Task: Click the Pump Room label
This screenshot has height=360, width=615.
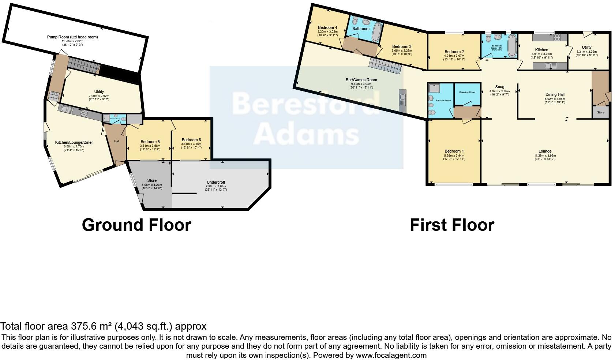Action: pyautogui.click(x=72, y=37)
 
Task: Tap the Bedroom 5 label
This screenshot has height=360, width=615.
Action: pyautogui.click(x=150, y=142)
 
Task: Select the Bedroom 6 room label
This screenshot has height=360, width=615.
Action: pyautogui.click(x=191, y=140)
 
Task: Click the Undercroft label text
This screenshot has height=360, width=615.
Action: pyautogui.click(x=216, y=182)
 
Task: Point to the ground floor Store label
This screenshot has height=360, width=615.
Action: pyautogui.click(x=152, y=180)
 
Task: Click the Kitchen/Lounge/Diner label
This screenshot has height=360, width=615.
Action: pyautogui.click(x=74, y=142)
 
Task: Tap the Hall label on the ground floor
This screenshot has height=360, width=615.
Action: pyautogui.click(x=116, y=141)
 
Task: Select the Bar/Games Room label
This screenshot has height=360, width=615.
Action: pyautogui.click(x=361, y=80)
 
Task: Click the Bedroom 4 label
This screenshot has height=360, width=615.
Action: pyautogui.click(x=327, y=27)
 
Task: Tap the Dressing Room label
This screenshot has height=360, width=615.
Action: pyautogui.click(x=467, y=92)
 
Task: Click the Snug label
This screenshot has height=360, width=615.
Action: pyautogui.click(x=499, y=87)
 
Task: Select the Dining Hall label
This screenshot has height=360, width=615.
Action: pyautogui.click(x=555, y=94)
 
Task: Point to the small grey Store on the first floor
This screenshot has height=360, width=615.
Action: pyautogui.click(x=600, y=112)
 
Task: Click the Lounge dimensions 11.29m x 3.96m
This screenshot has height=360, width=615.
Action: pyautogui.click(x=545, y=155)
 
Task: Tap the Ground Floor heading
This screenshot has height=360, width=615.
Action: pyautogui.click(x=136, y=225)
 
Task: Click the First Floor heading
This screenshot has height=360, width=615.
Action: pyautogui.click(x=452, y=225)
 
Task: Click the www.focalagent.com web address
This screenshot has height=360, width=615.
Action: pyautogui.click(x=391, y=355)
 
